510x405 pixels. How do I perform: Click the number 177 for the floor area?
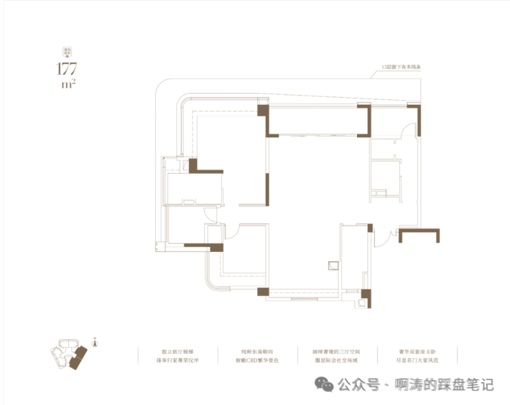tap(67, 69)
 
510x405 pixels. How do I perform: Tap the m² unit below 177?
tap(68, 86)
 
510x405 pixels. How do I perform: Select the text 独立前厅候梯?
tap(177, 350)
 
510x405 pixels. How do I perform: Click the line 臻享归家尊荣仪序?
tap(177, 360)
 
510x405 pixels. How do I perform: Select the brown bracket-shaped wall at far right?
tap(418, 235)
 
